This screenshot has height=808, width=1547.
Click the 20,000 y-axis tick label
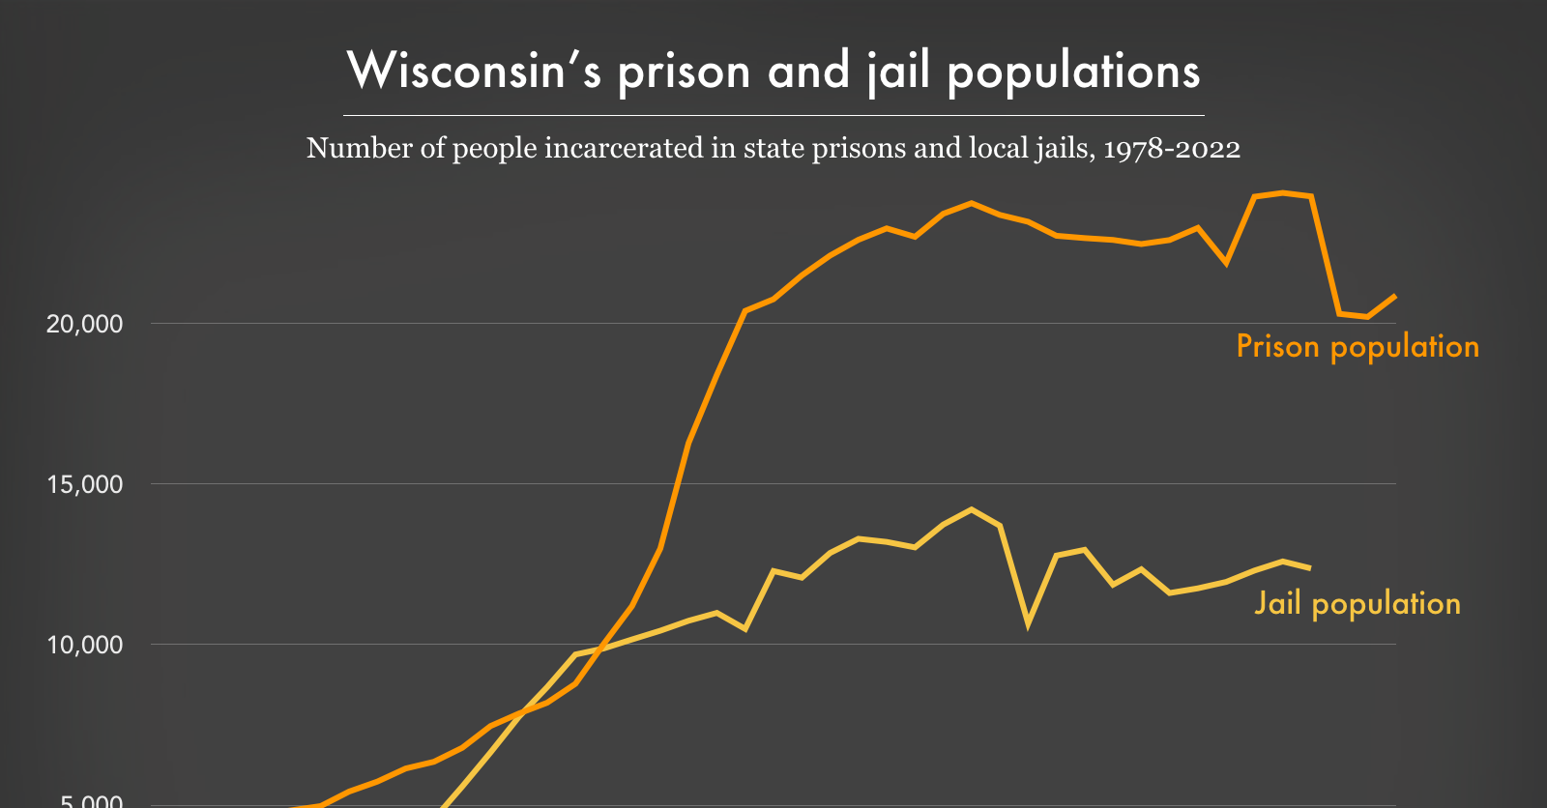tap(85, 324)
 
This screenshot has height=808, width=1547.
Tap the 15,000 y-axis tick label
tap(85, 484)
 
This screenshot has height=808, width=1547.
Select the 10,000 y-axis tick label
tap(85, 645)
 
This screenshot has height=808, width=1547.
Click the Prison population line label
tap(1357, 346)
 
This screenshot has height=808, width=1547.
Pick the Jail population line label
tap(1357, 603)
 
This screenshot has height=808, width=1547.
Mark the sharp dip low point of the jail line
tap(1028, 623)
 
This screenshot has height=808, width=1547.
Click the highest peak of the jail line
tap(972, 509)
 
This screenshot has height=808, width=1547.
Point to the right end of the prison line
tap(1395, 296)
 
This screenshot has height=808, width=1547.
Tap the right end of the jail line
tap(1310, 568)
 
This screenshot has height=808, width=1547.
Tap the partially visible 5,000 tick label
tap(91, 801)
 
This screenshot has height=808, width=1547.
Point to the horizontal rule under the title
tap(773, 115)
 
